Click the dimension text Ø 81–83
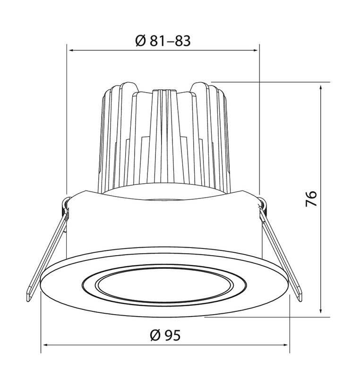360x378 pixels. click(x=163, y=41)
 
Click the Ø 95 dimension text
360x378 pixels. click(x=165, y=335)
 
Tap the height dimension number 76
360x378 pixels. click(x=311, y=198)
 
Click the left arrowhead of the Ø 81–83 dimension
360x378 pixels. click(x=72, y=51)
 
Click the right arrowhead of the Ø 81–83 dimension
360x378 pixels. click(x=255, y=51)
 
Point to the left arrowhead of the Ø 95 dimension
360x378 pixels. click(x=46, y=345)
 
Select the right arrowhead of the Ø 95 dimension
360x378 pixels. click(x=284, y=345)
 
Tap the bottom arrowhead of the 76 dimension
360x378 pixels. click(x=320, y=310)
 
